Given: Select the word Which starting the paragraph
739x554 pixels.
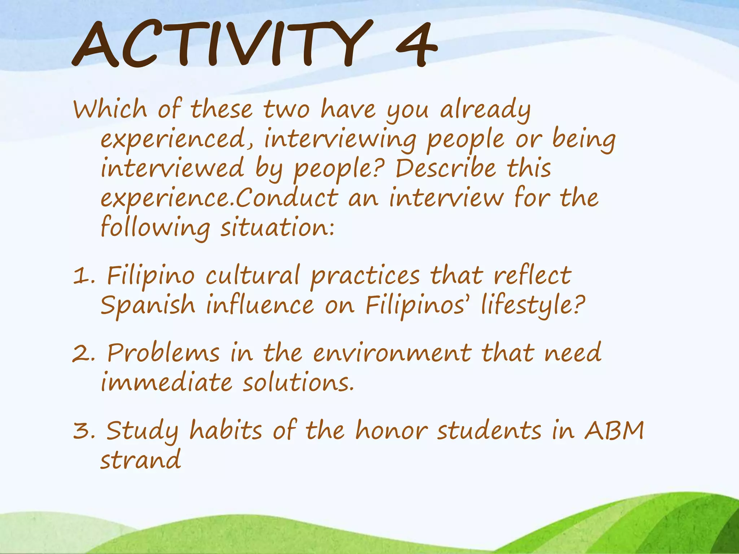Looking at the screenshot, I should pos(110,109).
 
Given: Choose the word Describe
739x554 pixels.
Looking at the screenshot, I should pos(446,168).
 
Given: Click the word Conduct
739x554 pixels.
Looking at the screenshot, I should pos(287,198).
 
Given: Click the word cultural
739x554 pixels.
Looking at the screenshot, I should pos(253,276).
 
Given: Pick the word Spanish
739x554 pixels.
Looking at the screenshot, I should pos(148,305).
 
